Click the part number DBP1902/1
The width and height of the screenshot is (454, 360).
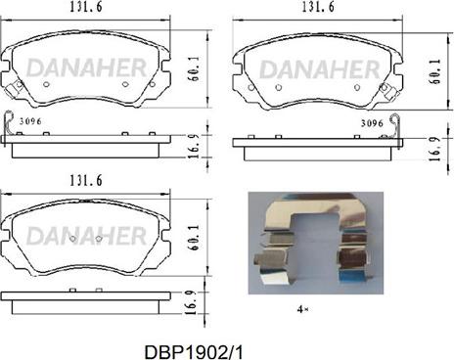pyautogui.click(x=194, y=352)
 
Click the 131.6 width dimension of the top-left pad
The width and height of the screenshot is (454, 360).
pyautogui.click(x=86, y=7)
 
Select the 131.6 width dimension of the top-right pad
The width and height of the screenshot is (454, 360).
pyautogui.click(x=318, y=7)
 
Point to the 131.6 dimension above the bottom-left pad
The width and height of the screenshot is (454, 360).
pyautogui.click(x=86, y=180)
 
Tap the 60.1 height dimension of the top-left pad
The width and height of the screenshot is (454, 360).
pyautogui.click(x=195, y=68)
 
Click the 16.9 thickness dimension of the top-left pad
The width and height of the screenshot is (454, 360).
pyautogui.click(x=195, y=146)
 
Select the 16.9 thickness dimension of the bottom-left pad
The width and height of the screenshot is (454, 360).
pyautogui.click(x=192, y=302)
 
